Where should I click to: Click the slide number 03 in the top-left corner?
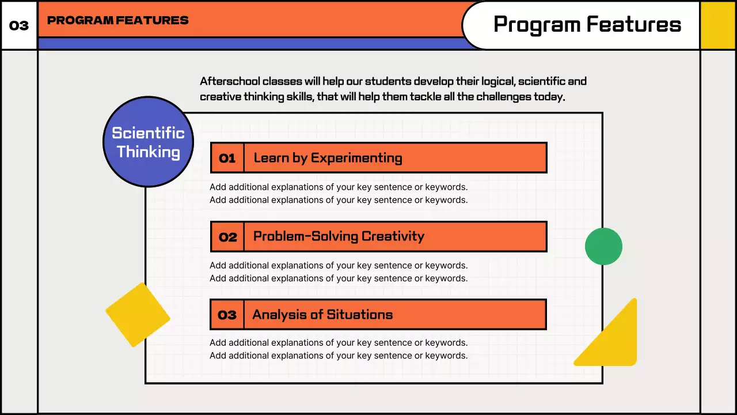[19, 26]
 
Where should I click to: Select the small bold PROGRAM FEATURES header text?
[117, 20]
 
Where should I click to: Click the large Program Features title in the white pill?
[587, 25]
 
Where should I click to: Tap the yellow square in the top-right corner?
[718, 25]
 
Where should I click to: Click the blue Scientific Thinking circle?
[148, 142]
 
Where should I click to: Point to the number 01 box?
[227, 158]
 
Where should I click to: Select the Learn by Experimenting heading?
[328, 158]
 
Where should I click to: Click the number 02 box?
[227, 236]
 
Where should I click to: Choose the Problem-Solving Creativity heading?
[339, 236]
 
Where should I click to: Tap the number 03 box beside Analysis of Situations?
[227, 315]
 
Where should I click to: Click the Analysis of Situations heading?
[322, 315]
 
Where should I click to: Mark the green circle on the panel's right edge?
[603, 246]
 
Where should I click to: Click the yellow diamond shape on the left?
[138, 315]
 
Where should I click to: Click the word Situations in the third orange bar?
[359, 315]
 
